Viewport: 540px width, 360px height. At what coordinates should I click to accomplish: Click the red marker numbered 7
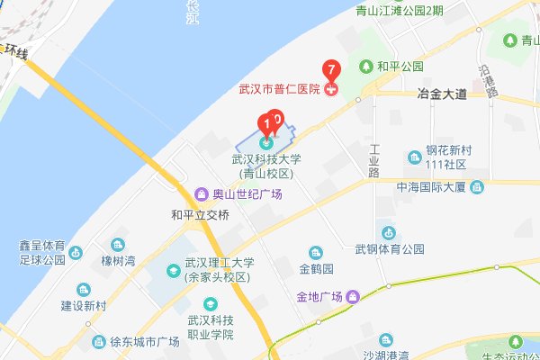point(331,68)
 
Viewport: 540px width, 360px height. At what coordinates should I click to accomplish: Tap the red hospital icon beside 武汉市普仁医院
point(331,88)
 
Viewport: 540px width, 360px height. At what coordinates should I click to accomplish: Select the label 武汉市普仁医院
point(279,89)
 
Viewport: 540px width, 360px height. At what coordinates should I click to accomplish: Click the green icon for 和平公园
point(366,67)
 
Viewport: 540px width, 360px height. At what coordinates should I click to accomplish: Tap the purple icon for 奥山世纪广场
point(202,194)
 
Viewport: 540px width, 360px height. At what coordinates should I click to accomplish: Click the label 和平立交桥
point(200,215)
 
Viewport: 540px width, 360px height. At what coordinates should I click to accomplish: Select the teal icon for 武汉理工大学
point(172,269)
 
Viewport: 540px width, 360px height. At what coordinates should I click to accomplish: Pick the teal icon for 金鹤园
point(316,253)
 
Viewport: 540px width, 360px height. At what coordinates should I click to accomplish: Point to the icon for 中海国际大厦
point(477,187)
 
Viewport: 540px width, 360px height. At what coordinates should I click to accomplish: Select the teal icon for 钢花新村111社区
point(415,157)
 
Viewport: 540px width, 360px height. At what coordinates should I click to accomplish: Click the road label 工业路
point(375,159)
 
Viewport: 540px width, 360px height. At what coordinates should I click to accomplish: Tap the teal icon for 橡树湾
point(117,245)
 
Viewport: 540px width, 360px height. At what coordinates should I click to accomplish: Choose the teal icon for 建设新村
point(84,290)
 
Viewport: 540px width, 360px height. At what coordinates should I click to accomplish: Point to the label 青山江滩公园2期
point(411,12)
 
